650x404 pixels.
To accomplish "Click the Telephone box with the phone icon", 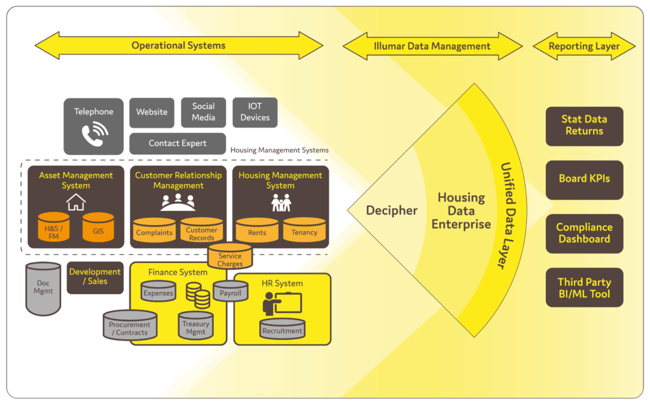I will click(x=93, y=126).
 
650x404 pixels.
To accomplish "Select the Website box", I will click(x=152, y=112).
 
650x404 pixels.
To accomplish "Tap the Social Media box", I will click(x=203, y=112).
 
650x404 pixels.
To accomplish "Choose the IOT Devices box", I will click(x=255, y=112).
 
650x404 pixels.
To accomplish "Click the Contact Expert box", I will click(x=177, y=144).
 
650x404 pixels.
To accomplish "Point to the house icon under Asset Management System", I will click(x=76, y=203).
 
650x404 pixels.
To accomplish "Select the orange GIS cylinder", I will click(x=98, y=229).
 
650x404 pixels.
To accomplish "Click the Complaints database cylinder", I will click(x=154, y=231).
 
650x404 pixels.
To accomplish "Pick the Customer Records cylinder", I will click(x=201, y=231).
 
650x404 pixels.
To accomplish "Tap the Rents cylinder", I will click(x=257, y=231).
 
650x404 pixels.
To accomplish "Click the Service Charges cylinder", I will click(x=230, y=257).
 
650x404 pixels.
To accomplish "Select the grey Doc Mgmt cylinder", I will click(x=43, y=289).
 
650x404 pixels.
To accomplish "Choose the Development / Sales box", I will click(x=95, y=277).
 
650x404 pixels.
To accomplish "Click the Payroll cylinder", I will click(x=230, y=292).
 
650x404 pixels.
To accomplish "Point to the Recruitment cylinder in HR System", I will click(x=282, y=329).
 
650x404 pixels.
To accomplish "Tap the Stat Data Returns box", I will click(x=584, y=125).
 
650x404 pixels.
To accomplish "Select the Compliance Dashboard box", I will click(x=584, y=233).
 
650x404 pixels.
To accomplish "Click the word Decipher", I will click(x=392, y=210).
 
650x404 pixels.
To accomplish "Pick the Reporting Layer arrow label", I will click(x=584, y=46).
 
